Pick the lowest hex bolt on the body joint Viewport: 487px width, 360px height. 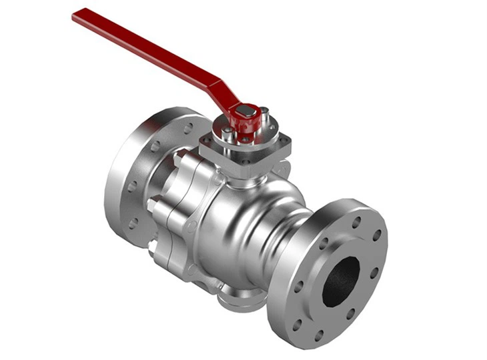pyautogui.click(x=155, y=251)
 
